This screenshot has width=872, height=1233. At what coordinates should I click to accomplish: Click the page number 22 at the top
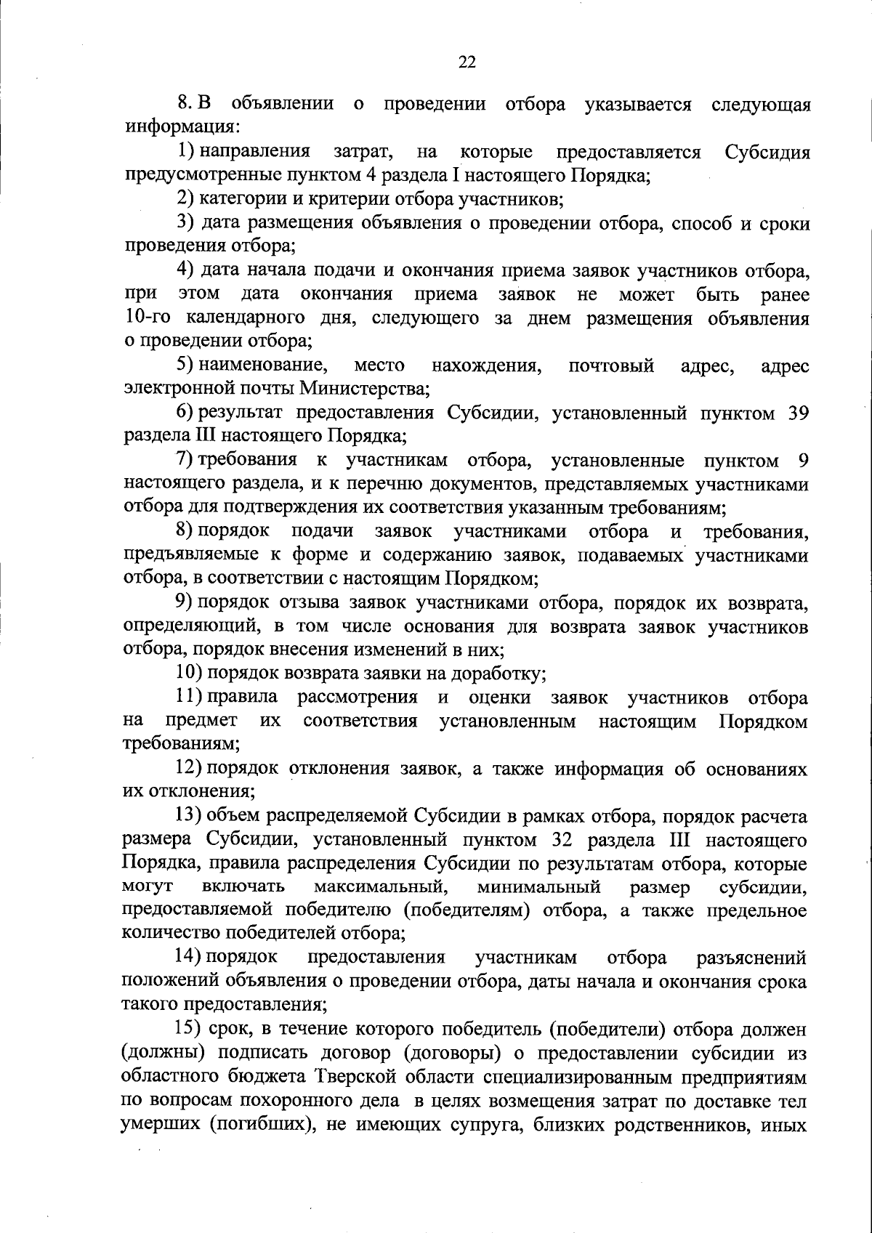[x=467, y=62]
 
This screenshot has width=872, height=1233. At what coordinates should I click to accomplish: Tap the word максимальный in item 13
[x=379, y=887]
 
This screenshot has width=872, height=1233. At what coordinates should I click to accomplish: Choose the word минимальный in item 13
[x=538, y=887]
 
